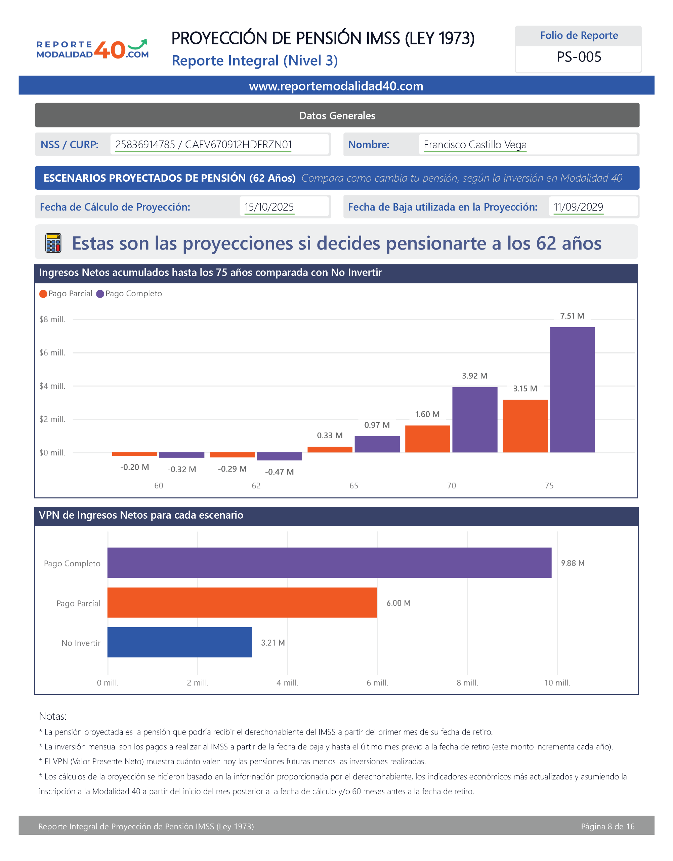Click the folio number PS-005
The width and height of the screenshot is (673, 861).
579,57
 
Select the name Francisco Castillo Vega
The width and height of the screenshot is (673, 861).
475,145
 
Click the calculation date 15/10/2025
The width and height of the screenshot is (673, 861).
269,207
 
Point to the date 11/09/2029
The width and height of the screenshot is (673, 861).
578,207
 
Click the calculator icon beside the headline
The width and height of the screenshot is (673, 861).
53,242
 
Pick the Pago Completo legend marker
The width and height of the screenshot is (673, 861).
100,294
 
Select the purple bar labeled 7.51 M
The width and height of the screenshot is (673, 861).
572,390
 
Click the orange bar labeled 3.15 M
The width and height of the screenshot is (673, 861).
525,426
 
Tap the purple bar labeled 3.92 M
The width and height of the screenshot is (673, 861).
474,420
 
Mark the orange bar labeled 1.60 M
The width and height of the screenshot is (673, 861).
427,439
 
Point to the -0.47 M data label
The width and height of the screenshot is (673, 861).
279,472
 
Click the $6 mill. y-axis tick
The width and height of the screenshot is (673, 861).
52,352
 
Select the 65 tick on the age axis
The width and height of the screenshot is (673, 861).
353,486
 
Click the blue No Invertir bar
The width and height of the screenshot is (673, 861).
179,642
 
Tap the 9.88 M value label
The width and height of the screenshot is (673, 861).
573,563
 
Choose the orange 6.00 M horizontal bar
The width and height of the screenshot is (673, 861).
242,602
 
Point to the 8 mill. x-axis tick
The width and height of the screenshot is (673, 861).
467,683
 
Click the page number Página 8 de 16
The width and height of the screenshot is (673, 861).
607,826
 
